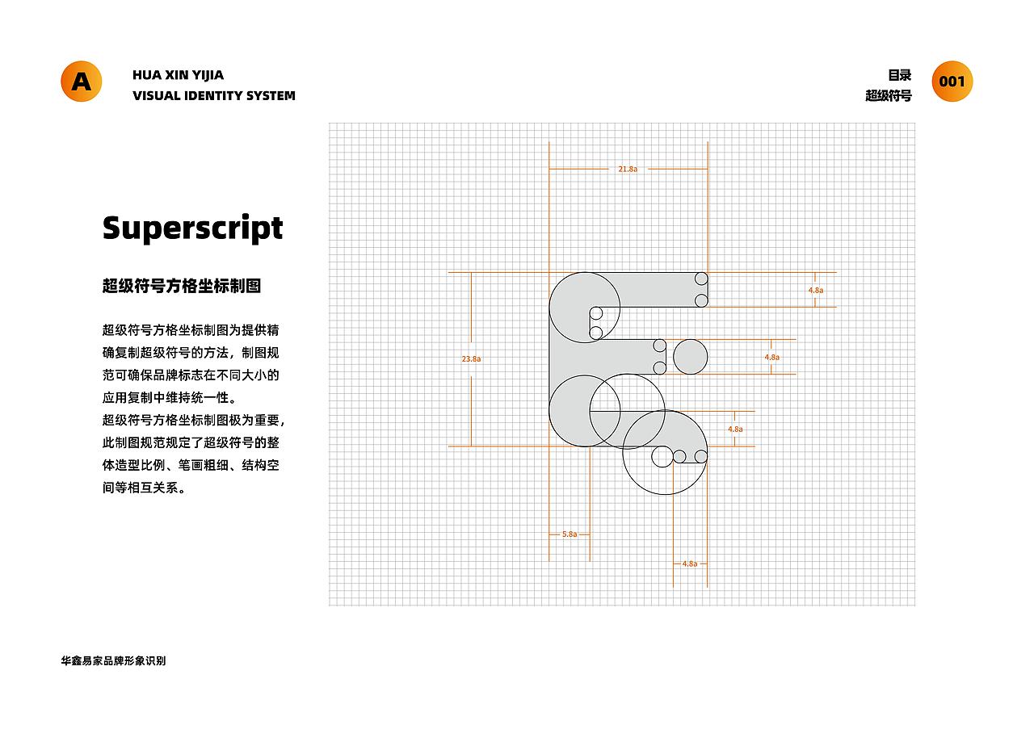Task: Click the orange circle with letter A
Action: (82, 82)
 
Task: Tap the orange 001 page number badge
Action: (952, 82)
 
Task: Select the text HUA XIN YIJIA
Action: (178, 75)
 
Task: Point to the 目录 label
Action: (900, 75)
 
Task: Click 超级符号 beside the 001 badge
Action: (889, 95)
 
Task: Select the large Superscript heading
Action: (192, 228)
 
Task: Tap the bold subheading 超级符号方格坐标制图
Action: (182, 286)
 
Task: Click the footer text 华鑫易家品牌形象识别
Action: (113, 660)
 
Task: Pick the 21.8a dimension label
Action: (628, 170)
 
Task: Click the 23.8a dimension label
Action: (471, 359)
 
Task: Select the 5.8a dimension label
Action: (570, 534)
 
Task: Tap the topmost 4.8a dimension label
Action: (816, 290)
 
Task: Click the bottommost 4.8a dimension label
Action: (690, 564)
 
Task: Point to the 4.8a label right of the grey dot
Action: (771, 357)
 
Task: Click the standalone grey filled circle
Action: (690, 357)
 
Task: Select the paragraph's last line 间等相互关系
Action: (144, 488)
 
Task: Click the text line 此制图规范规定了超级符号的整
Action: (191, 443)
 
